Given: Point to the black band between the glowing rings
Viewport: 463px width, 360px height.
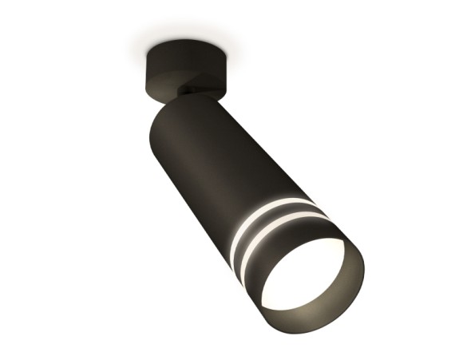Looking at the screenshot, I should (271, 220).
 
